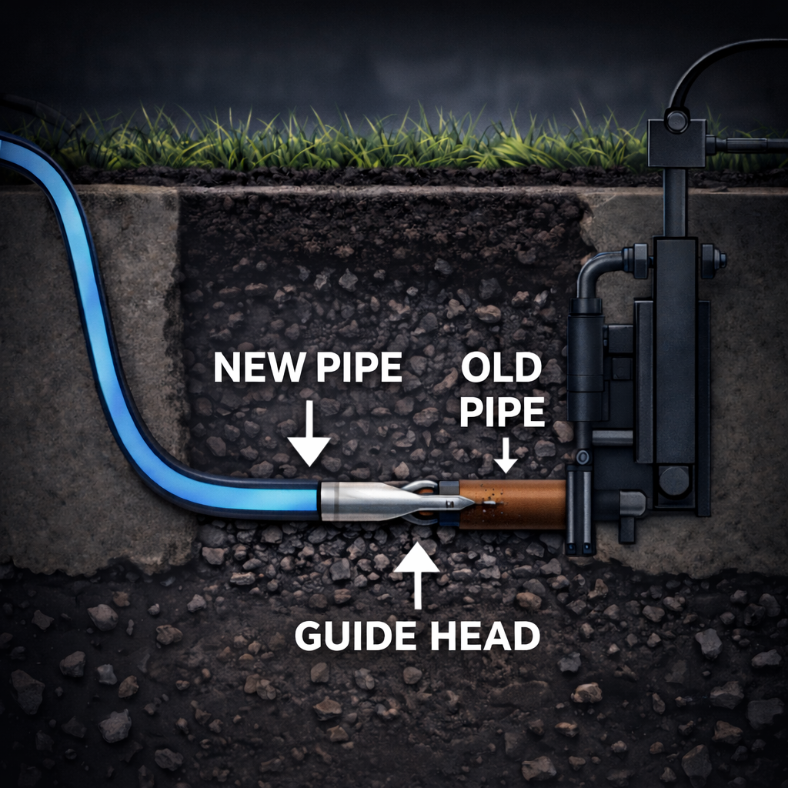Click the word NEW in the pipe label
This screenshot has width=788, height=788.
255,369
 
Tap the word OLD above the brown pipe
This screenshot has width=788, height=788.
501,369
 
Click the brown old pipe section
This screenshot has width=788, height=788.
523,504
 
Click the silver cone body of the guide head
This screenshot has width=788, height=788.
362,502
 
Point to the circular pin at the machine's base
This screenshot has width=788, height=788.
674,481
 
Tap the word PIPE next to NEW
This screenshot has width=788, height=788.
359,369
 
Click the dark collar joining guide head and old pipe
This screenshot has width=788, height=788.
449,504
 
